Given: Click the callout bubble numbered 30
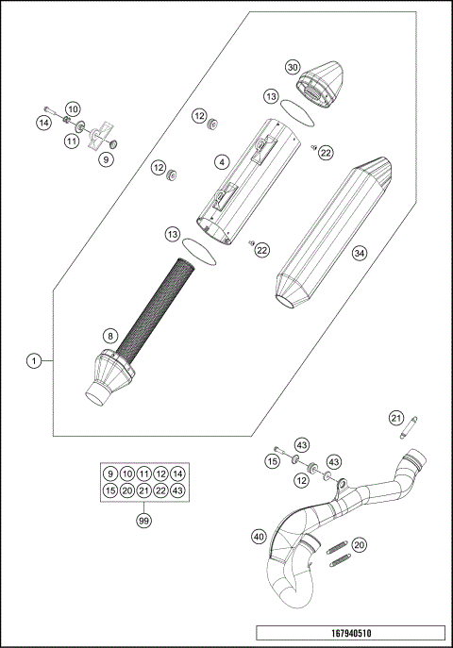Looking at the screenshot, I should coord(293,67).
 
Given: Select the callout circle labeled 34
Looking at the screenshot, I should coord(359,253).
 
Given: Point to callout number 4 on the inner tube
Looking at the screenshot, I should coord(220,162).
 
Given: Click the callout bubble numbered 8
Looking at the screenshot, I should coord(110,335).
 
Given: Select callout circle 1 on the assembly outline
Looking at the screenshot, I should coord(34,360).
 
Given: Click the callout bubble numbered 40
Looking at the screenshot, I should coord(259,536).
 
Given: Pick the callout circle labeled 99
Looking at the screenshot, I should coord(143,520).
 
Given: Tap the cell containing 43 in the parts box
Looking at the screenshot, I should coord(177,490).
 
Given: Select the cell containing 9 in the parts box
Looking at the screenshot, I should coord(109,474).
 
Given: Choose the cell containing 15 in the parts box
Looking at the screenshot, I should coord(109,490).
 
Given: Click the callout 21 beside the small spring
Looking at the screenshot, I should coord(396,418).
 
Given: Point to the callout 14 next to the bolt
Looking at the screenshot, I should coord(43,124).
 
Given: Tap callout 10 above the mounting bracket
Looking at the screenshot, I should coord(73,109).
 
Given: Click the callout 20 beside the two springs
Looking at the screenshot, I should coord(359,545).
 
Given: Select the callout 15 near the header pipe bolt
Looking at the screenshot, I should coord(271,461).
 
